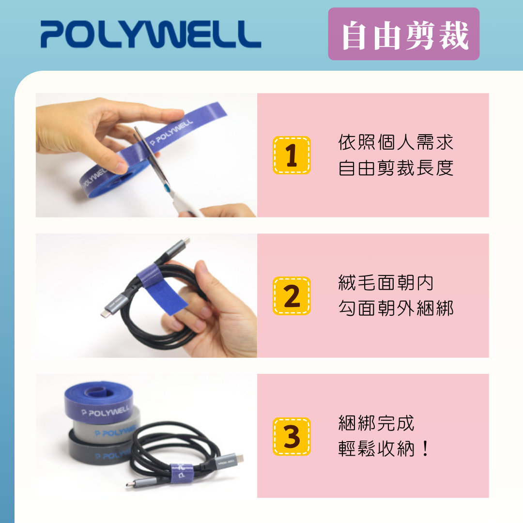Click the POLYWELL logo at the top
click(x=151, y=33)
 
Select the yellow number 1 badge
click(x=292, y=155)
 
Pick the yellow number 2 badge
click(x=292, y=296)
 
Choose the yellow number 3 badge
click(x=292, y=436)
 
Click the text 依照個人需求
click(x=395, y=142)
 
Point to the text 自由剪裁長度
click(x=395, y=168)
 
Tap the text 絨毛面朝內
click(x=385, y=283)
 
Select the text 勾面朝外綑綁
click(x=395, y=308)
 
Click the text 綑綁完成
click(x=376, y=423)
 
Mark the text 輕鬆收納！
click(x=384, y=449)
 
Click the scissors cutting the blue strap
click(x=160, y=169)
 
